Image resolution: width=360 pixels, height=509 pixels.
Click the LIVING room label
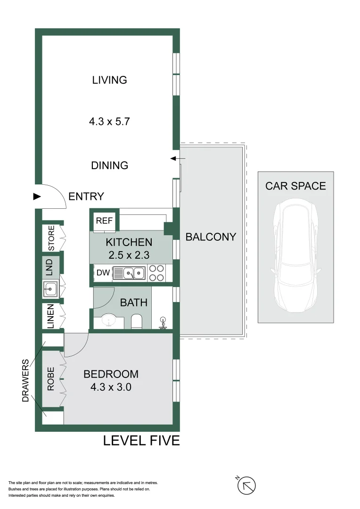[109, 80]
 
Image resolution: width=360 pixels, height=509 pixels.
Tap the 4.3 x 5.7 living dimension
[109, 122]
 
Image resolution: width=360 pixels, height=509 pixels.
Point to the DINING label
[109, 165]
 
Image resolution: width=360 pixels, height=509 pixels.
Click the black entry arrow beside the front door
[37, 197]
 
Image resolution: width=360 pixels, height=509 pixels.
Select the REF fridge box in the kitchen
[104, 221]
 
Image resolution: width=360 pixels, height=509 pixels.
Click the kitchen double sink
[129, 273]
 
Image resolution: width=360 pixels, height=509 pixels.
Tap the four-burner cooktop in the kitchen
[156, 273]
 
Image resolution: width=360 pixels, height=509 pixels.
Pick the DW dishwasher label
[103, 273]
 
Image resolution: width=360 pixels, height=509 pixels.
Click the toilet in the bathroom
[136, 321]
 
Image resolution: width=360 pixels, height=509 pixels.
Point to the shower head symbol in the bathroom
[163, 323]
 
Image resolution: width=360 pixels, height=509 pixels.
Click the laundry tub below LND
[50, 288]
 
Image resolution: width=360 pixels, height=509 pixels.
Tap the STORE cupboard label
[51, 238]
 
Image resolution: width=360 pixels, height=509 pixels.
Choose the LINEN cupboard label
[50, 316]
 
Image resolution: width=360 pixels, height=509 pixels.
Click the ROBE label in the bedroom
[50, 379]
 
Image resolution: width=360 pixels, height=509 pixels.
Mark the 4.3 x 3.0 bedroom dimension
[111, 387]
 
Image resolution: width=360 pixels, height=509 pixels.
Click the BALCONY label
[211, 237]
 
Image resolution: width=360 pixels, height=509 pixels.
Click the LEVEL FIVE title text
[141, 441]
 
